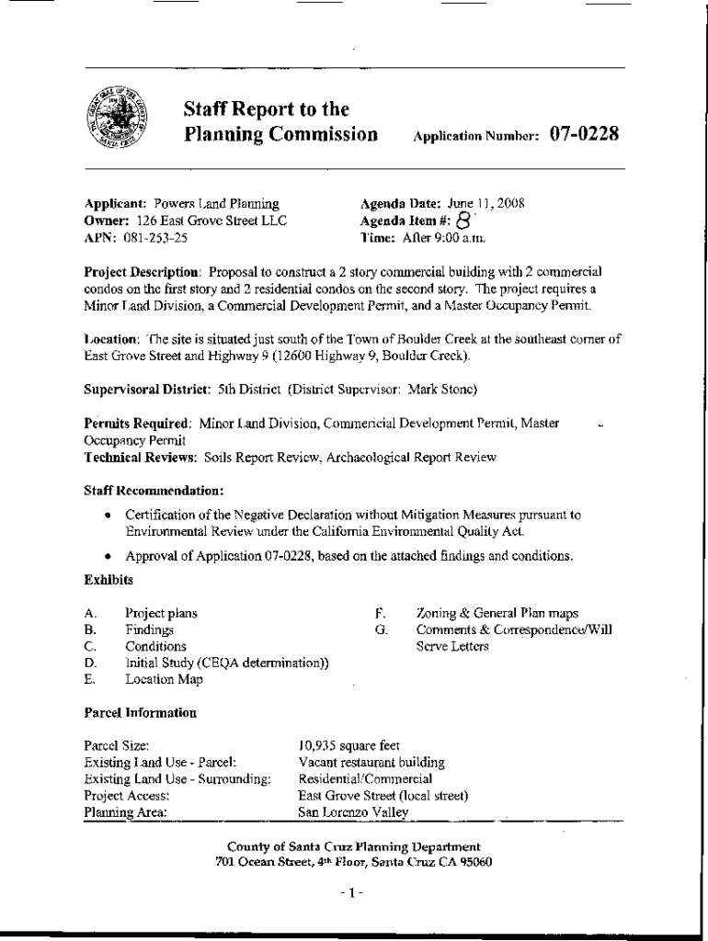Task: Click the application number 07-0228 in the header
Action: click(584, 134)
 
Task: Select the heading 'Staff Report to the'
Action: click(266, 109)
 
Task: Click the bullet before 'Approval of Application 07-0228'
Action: click(109, 557)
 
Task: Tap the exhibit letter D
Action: click(90, 663)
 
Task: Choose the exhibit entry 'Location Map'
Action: click(165, 680)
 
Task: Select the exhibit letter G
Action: click(380, 629)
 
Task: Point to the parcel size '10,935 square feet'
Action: click(348, 745)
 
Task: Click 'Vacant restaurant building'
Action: click(371, 763)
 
